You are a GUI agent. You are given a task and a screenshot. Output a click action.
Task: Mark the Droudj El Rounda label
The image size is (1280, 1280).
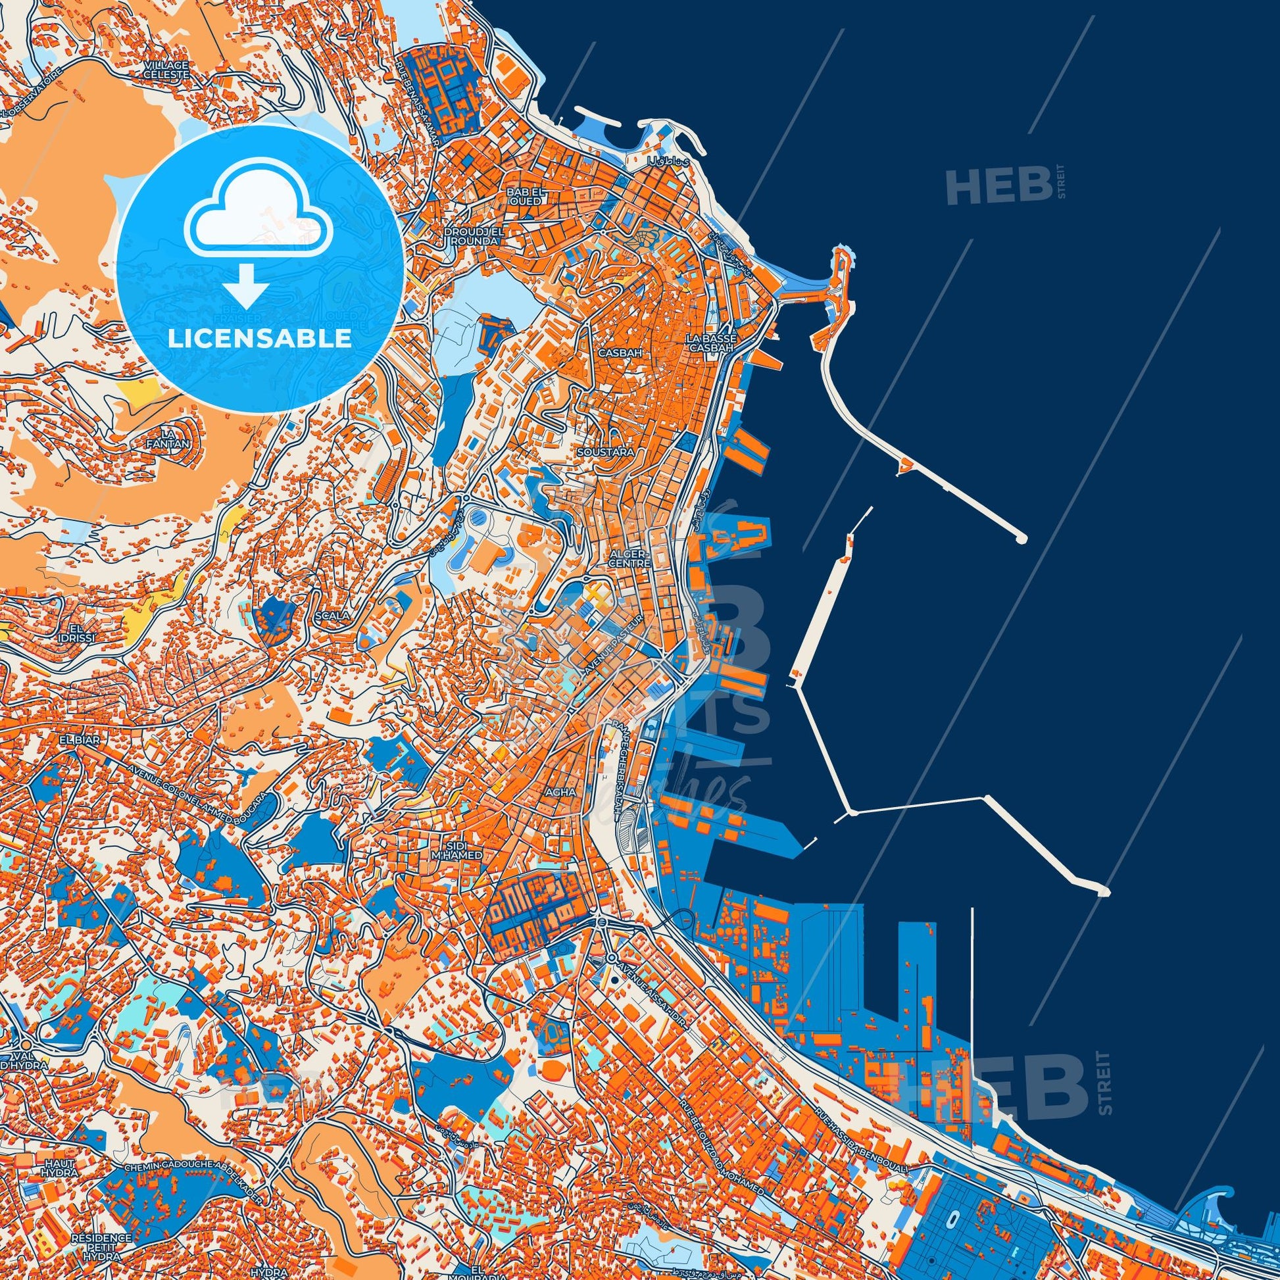coord(472,237)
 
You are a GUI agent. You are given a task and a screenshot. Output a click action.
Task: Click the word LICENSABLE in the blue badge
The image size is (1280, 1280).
coord(260,338)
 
